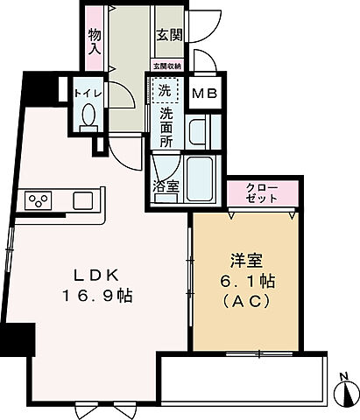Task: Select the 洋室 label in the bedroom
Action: click(246, 260)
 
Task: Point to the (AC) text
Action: click(246, 300)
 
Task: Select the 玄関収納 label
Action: click(166, 66)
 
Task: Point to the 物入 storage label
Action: click(95, 42)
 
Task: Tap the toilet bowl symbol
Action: click(88, 116)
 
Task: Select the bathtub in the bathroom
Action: click(202, 178)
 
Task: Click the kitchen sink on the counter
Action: click(83, 200)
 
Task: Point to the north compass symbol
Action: click(346, 391)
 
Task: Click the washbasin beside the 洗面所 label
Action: click(199, 133)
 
